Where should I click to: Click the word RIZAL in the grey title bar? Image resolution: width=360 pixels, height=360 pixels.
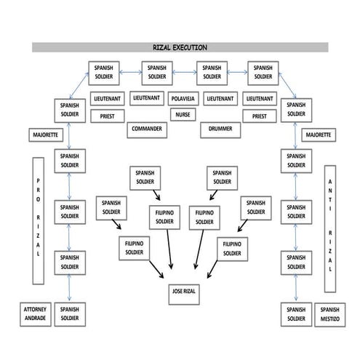point(161,47)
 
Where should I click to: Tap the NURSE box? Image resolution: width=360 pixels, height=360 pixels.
point(183,114)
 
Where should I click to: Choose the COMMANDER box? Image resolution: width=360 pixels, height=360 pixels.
point(146,129)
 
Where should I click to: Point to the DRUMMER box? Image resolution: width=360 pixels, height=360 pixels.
point(220,129)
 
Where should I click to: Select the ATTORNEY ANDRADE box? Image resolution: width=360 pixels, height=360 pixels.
point(35,313)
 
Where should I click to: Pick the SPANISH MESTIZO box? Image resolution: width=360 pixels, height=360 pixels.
point(329,313)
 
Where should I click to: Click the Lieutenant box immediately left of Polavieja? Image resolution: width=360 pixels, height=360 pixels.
point(146,97)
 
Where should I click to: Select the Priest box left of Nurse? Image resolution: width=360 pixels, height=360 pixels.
point(107,115)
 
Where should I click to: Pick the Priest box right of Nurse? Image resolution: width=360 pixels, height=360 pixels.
point(259,115)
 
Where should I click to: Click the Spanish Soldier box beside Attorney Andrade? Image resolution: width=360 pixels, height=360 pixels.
point(70,313)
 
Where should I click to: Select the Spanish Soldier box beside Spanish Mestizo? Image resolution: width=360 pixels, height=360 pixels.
point(295,313)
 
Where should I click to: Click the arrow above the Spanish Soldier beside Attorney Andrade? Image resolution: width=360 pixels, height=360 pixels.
point(70,289)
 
